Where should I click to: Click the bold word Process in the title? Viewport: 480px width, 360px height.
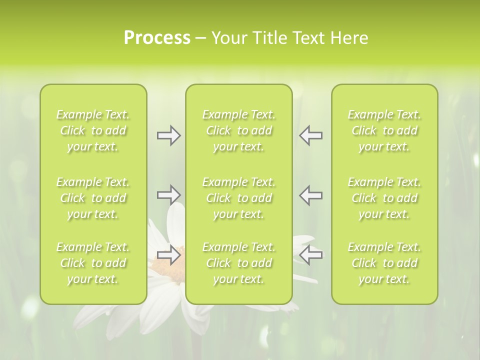[x=157, y=38]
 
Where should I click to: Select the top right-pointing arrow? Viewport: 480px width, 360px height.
[x=168, y=135]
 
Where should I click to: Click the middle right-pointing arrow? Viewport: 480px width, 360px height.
[x=168, y=194]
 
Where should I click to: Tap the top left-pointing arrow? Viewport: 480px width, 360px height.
[x=311, y=135]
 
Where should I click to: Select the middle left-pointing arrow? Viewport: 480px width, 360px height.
[x=311, y=194]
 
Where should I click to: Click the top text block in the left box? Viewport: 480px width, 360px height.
[x=93, y=130]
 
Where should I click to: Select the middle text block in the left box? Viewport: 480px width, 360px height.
[x=93, y=198]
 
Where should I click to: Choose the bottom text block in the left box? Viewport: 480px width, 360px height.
[x=93, y=263]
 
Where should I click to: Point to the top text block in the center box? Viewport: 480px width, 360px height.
[x=238, y=130]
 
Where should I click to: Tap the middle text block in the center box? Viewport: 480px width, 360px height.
[x=238, y=198]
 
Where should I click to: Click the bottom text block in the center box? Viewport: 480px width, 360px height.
[x=238, y=263]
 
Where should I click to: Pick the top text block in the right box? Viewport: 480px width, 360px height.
[x=384, y=130]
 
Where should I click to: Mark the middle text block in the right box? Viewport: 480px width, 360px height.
[x=384, y=198]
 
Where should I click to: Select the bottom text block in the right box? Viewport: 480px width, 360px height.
[x=384, y=263]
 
